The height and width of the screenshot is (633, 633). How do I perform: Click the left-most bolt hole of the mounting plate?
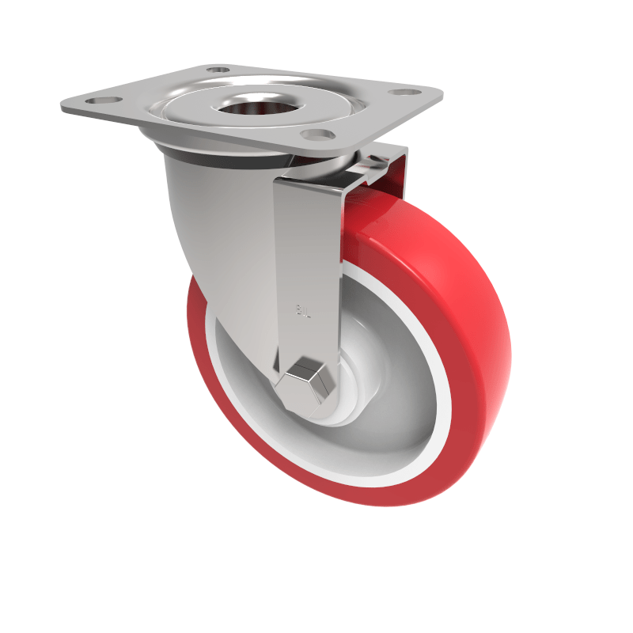click(100, 101)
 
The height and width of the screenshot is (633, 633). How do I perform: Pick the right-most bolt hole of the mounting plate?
click(404, 93)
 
